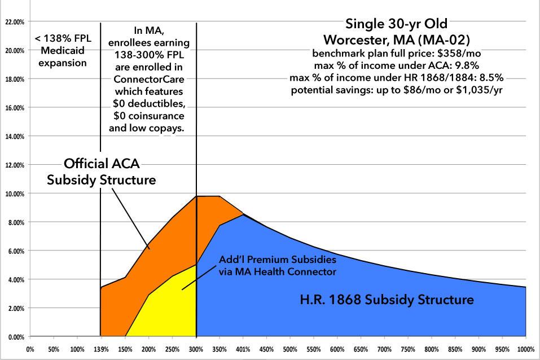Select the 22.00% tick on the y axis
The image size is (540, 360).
(14, 22)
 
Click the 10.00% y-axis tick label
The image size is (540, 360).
(14, 194)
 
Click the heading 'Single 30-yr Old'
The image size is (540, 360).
(396, 24)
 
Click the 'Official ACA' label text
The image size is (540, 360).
(101, 164)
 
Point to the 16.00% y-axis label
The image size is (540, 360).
(14, 108)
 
